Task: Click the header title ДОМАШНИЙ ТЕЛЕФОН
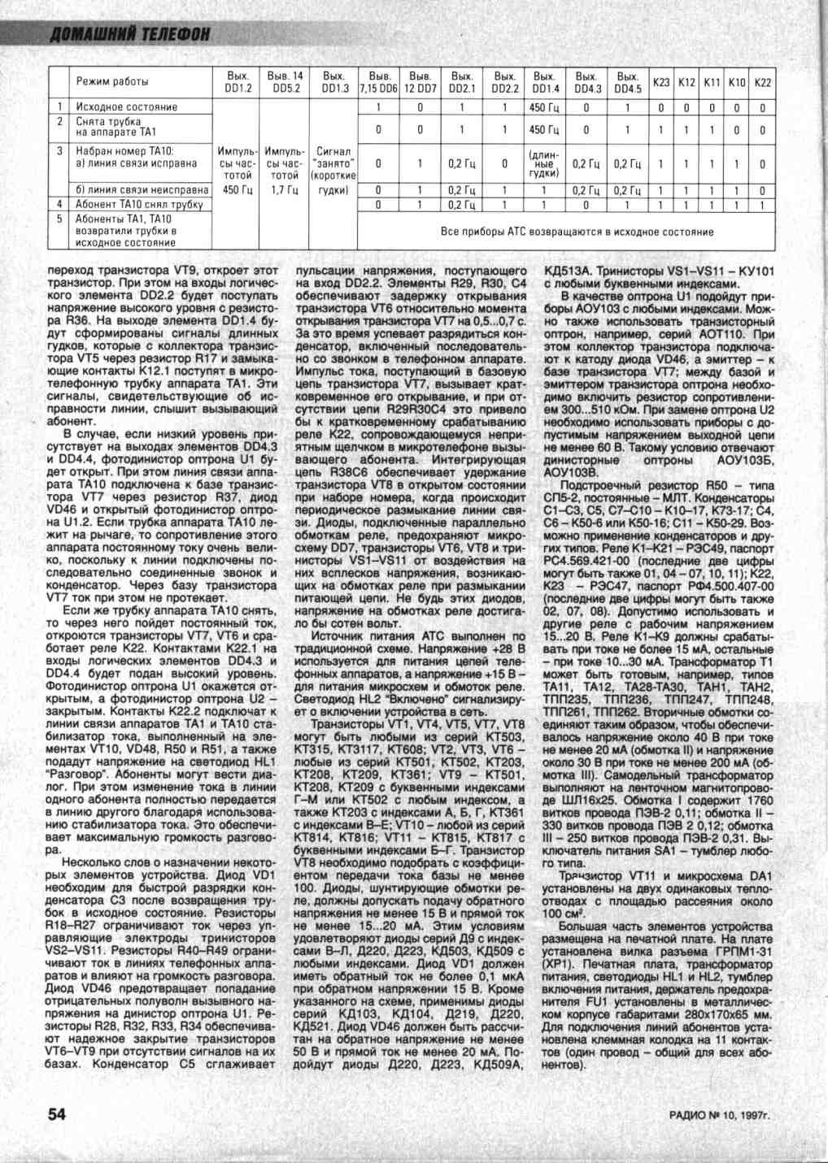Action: (130, 33)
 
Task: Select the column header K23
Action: (662, 82)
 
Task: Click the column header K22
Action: (763, 82)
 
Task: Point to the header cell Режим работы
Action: (112, 82)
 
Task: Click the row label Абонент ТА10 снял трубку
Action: (139, 205)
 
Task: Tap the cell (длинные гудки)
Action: (543, 163)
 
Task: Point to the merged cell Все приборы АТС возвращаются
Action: (577, 232)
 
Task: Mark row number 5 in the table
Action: (60, 219)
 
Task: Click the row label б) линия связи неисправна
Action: (142, 190)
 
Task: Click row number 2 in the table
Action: (60, 121)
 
